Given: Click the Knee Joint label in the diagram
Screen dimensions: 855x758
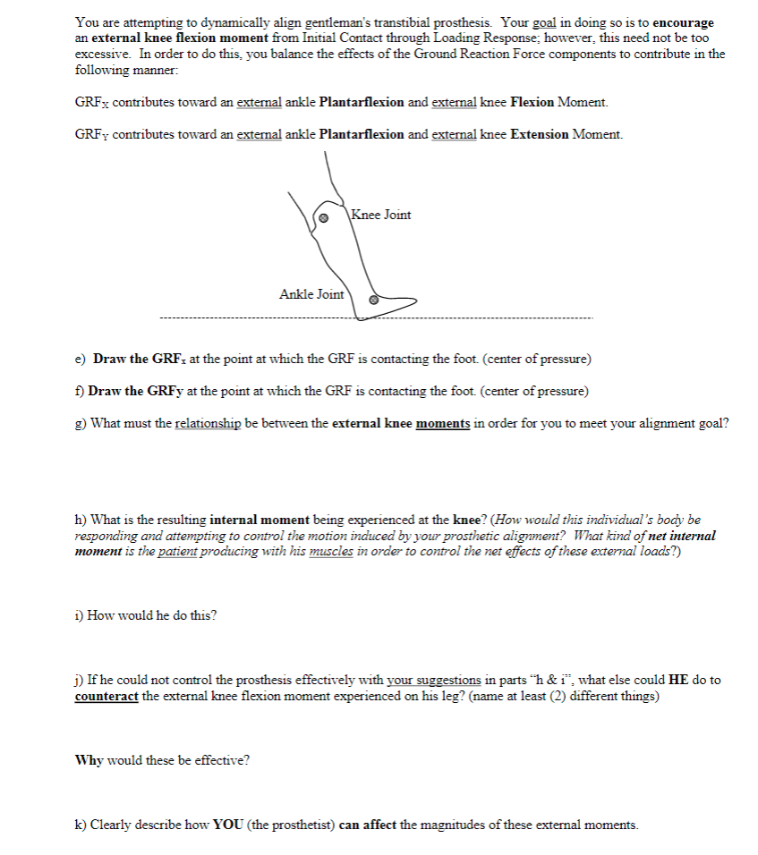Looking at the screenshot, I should [381, 215].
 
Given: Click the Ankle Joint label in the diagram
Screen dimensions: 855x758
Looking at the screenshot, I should [311, 294].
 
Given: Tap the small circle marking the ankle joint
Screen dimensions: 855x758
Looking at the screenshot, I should [374, 301].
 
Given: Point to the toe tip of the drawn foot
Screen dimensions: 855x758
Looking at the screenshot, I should [415, 300].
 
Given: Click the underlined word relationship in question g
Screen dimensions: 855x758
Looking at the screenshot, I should [208, 424].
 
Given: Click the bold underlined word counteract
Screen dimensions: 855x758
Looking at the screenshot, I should [106, 696].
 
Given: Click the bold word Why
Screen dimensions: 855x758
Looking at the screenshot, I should [89, 760].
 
